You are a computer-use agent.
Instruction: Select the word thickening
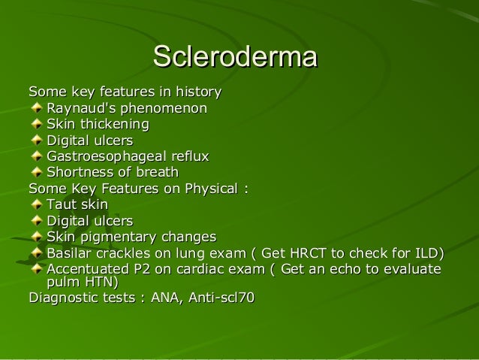click(115, 124)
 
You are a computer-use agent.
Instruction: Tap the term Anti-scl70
click(221, 299)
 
